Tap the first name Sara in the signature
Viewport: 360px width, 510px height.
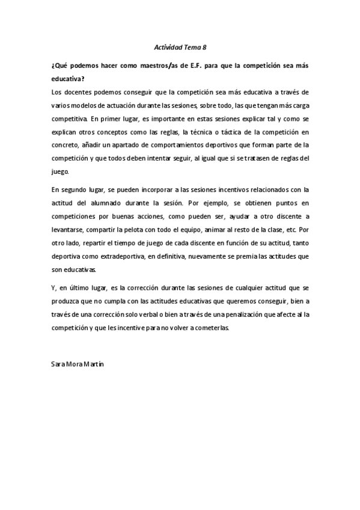pos(59,365)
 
